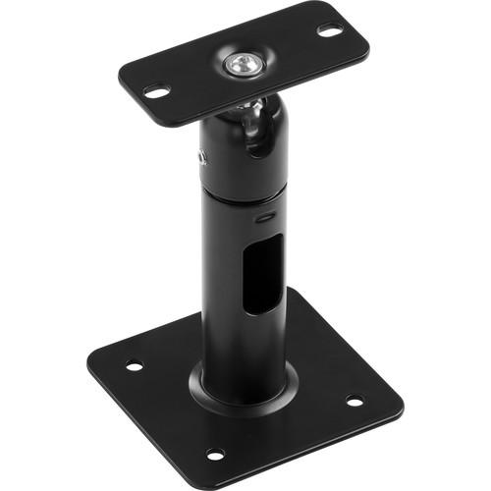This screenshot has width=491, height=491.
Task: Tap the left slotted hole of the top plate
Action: pos(156,91)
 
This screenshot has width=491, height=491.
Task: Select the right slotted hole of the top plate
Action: pos(329,30)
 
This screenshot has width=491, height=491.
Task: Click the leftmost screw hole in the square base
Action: pos(134,366)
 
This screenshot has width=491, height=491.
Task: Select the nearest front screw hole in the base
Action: pos(214,454)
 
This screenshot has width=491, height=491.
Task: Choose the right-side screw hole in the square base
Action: pos(354,401)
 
